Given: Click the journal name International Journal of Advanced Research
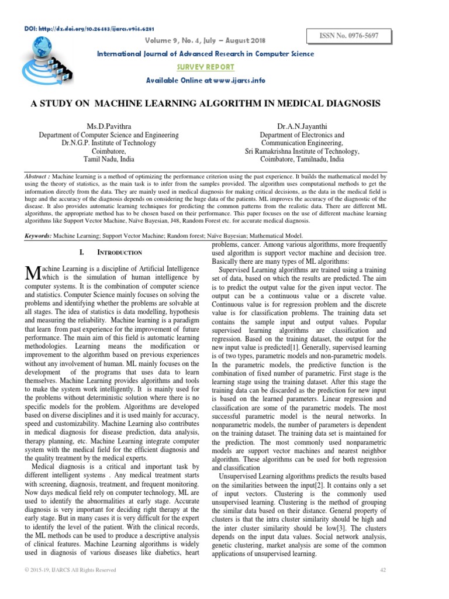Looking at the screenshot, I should click(205, 54).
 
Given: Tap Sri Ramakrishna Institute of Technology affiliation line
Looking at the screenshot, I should click(302, 151).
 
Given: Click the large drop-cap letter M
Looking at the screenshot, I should click(32, 272).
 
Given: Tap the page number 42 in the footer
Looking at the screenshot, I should click(384, 570).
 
